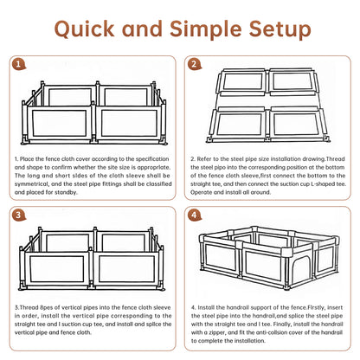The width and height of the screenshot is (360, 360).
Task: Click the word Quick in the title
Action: (84, 29)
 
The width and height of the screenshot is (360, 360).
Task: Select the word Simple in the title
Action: (205, 29)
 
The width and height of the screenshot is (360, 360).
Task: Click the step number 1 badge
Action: (18, 65)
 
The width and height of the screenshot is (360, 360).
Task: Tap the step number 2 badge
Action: (194, 64)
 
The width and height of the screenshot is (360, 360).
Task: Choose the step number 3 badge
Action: (18, 215)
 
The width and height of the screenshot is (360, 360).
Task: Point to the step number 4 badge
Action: (194, 215)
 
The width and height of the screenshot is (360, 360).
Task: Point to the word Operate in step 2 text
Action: (201, 192)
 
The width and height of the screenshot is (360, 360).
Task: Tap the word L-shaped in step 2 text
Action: (323, 183)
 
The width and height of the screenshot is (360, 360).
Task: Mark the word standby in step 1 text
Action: (67, 192)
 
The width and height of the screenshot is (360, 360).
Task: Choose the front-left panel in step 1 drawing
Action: (59, 123)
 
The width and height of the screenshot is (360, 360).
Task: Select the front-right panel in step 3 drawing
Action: (126, 268)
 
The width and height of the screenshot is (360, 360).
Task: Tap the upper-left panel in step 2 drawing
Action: (243, 81)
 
